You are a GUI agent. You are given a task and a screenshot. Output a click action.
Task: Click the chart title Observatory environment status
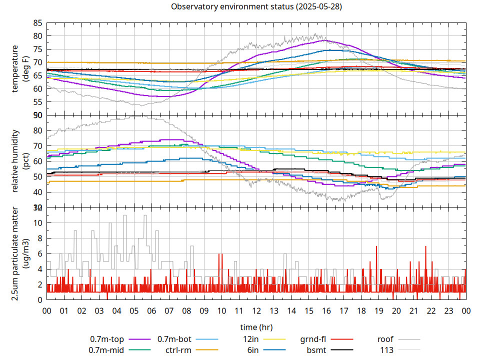[x=256, y=7]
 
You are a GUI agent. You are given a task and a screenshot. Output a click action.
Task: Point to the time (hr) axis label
[x=256, y=327]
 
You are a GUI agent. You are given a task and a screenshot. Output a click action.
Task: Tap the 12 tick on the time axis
[x=256, y=310]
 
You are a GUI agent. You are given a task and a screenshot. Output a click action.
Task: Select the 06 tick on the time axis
[x=151, y=310]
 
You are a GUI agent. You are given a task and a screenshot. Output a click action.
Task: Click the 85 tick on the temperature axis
[x=37, y=23]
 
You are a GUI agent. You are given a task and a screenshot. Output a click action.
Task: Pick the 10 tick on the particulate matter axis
[x=37, y=223]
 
